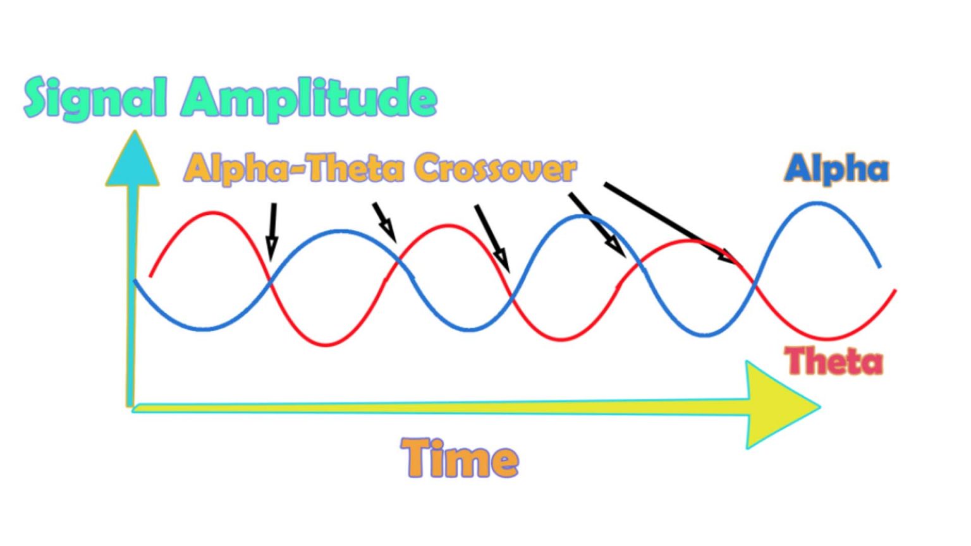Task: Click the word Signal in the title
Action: (95, 99)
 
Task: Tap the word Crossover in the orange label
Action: (496, 169)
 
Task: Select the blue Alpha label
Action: (836, 169)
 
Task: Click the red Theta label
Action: (833, 361)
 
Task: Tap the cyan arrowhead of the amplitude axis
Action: (133, 161)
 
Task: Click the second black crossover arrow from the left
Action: (384, 221)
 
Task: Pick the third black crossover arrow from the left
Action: (491, 236)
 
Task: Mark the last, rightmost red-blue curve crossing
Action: (754, 288)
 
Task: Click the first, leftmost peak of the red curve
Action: (212, 213)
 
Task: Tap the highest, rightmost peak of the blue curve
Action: (818, 203)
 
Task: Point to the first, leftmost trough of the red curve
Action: (326, 344)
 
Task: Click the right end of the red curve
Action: (895, 291)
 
